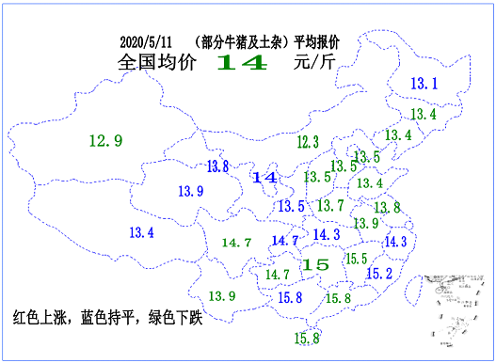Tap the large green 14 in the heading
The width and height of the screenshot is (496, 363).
point(243,63)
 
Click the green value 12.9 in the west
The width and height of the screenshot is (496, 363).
point(105,141)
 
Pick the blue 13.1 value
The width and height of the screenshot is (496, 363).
point(425,85)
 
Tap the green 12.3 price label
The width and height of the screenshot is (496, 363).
point(307,142)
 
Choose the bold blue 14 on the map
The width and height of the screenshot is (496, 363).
point(264,177)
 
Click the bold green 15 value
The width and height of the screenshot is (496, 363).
point(316,265)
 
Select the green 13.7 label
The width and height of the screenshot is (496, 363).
point(329,206)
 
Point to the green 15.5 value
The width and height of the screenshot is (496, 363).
point(355,259)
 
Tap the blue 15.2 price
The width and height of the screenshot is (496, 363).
point(379,274)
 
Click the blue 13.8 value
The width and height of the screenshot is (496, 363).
point(217,166)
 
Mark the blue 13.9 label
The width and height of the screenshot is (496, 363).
point(190,192)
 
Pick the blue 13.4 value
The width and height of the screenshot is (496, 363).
point(141,232)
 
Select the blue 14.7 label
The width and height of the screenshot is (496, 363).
point(284,241)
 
